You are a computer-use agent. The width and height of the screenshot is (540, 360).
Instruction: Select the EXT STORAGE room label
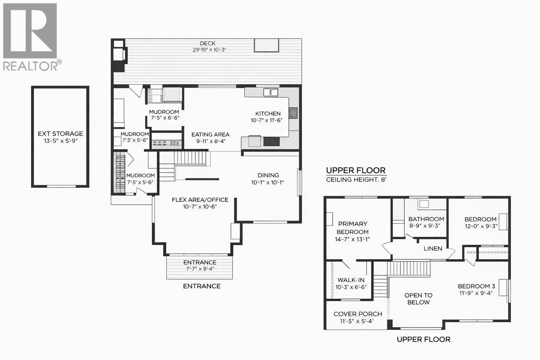pyautogui.click(x=60, y=134)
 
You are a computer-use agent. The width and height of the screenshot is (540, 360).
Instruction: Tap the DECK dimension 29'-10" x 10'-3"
pyautogui.click(x=209, y=50)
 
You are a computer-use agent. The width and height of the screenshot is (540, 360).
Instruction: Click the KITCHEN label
pyautogui.click(x=268, y=114)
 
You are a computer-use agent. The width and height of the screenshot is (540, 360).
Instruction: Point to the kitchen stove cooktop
pyautogui.click(x=293, y=113)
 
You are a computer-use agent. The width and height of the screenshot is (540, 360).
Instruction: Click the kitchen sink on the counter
pyautogui.click(x=271, y=92)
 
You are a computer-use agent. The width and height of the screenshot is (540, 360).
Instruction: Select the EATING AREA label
pyautogui.click(x=210, y=134)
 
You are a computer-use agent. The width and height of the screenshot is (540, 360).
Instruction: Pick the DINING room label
pyautogui.click(x=268, y=175)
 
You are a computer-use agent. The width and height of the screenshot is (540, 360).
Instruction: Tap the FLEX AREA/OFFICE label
pyautogui.click(x=200, y=200)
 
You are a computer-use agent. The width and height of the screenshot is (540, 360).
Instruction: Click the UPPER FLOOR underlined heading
pyautogui.click(x=356, y=171)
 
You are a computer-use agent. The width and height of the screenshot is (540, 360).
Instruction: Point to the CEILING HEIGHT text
pyautogui.click(x=356, y=180)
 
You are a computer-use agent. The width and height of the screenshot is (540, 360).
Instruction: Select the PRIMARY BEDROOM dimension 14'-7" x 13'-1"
pyautogui.click(x=352, y=239)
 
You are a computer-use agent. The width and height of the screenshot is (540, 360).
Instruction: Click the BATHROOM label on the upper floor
pyautogui.click(x=426, y=219)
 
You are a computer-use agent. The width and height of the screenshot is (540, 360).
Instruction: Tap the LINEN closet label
pyautogui.click(x=433, y=249)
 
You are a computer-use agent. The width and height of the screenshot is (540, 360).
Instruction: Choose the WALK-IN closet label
pyautogui.click(x=351, y=280)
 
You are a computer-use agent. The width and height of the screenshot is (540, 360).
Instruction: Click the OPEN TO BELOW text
pyautogui.click(x=418, y=299)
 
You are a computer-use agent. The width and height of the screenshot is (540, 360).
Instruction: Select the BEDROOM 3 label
pyautogui.click(x=476, y=286)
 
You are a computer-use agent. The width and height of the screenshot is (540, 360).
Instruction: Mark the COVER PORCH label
pyautogui.click(x=358, y=314)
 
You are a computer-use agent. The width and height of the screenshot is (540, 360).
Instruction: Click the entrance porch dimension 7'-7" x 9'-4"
pyautogui.click(x=200, y=269)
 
